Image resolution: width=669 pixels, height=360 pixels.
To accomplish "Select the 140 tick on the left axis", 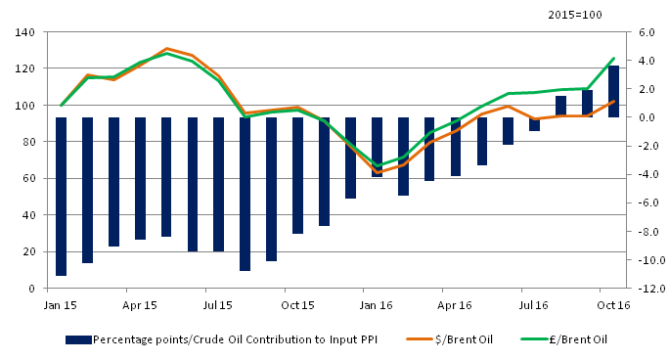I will pyautogui.click(x=25, y=32).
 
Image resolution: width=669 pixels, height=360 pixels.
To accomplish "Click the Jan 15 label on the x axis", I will pyautogui.click(x=61, y=305).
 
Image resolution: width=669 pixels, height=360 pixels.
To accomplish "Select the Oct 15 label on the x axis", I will pyautogui.click(x=297, y=305).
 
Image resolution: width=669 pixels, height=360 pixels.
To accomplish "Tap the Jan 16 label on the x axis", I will pyautogui.click(x=377, y=305).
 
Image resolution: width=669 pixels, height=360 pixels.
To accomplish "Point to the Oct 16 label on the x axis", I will pyautogui.click(x=612, y=305).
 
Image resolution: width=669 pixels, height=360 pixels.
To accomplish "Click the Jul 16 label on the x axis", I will pyautogui.click(x=534, y=305).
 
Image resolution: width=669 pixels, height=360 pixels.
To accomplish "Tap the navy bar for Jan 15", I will pyautogui.click(x=61, y=196).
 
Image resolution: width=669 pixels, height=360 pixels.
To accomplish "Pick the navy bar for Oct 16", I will pyautogui.click(x=613, y=91).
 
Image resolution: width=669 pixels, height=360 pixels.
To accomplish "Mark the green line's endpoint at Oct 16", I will pyautogui.click(x=613, y=59).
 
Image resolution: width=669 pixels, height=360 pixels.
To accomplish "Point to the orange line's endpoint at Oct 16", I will pyautogui.click(x=613, y=101).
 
